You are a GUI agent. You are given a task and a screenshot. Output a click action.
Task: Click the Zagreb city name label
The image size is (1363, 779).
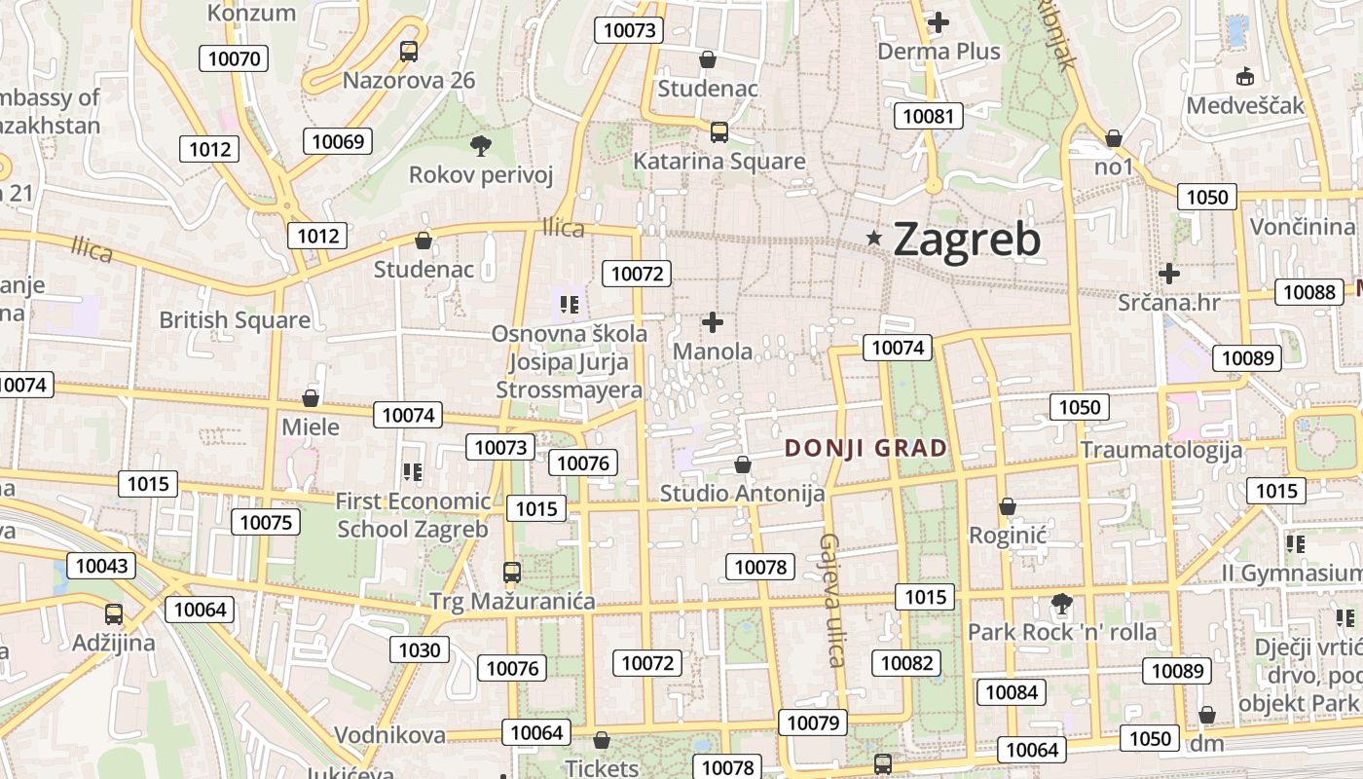point(967,240)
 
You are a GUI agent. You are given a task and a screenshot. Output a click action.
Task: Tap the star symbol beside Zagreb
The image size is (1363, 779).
point(874,238)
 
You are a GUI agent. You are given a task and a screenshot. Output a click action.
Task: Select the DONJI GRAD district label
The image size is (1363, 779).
point(866,448)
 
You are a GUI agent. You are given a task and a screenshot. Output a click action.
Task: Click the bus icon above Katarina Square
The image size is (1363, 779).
point(719,131)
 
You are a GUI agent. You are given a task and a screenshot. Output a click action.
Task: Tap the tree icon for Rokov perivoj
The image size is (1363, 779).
point(480,147)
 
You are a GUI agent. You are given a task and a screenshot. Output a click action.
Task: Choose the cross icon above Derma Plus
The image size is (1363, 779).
point(939,21)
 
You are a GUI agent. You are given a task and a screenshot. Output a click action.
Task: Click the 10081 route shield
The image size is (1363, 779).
point(929,117)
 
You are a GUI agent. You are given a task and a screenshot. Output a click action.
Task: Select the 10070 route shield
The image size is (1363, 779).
point(235,58)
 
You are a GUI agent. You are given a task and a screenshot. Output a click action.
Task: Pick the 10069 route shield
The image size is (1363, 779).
point(338,141)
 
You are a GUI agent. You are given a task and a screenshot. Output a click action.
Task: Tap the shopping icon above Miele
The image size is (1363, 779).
point(311,398)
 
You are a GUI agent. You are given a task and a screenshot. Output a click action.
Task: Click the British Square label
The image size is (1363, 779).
point(235,319)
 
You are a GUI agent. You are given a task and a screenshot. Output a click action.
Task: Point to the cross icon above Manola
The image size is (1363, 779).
point(713,321)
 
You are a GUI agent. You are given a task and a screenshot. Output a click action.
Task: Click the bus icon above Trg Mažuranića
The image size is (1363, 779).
point(512,573)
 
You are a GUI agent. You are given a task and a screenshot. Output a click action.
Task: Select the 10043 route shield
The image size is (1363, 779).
point(101,566)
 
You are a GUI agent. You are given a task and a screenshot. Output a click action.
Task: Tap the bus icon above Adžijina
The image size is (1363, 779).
point(114,614)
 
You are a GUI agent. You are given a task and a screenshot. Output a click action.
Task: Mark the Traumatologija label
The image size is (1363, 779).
point(1161,450)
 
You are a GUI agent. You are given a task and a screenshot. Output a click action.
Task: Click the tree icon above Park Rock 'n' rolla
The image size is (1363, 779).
point(1061,604)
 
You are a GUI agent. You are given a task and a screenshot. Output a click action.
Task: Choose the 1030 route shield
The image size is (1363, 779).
point(421,649)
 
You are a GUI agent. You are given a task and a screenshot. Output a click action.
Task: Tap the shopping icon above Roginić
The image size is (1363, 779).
point(1008,506)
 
